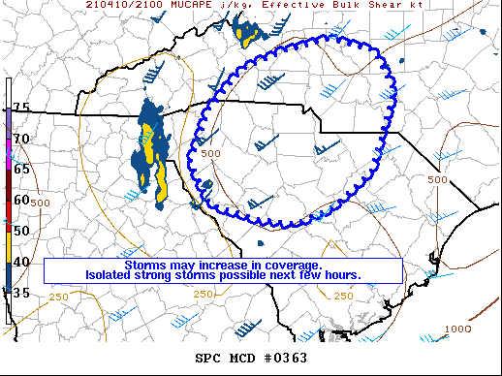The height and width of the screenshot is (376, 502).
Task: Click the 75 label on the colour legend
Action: point(20,107)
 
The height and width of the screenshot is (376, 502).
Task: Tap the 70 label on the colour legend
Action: point(20,139)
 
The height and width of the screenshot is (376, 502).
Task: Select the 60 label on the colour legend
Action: point(20,200)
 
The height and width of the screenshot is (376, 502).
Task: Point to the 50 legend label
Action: point(20,231)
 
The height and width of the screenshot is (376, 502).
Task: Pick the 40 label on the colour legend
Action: point(20,262)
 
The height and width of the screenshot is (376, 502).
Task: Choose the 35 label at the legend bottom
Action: point(20,292)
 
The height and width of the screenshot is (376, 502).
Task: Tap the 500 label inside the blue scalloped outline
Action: point(212,153)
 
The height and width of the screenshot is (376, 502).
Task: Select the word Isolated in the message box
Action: point(111,275)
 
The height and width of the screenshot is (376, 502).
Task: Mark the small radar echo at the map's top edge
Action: point(248,36)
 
